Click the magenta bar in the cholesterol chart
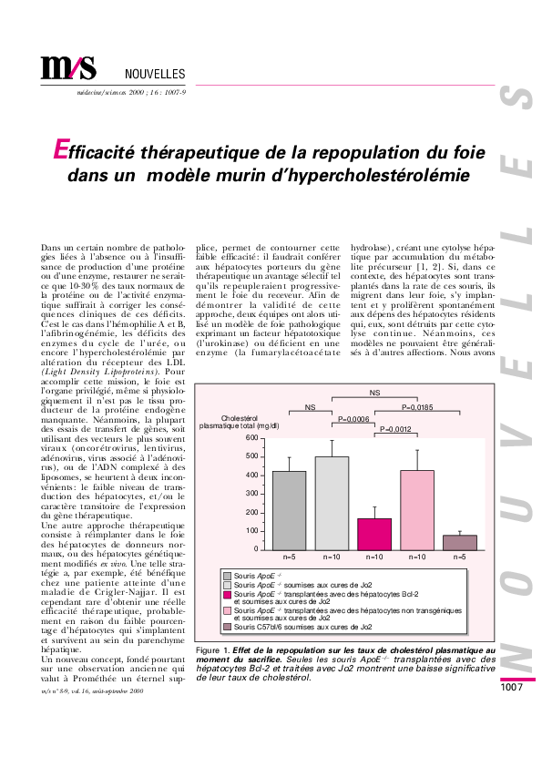[374, 534]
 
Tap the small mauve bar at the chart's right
[460, 542]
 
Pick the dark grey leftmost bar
[289, 510]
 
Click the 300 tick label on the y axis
[252, 494]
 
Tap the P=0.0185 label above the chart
[424, 406]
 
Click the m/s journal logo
[68, 68]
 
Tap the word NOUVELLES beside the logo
[154, 74]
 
